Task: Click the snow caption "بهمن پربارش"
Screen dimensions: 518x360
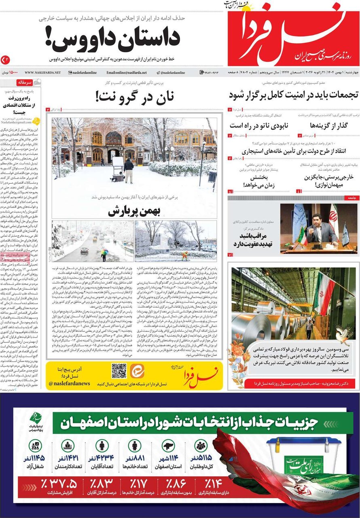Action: coord(134,211)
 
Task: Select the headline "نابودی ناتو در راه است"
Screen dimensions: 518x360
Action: coord(259,125)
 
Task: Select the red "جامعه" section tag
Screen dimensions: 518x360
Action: coord(349,198)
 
